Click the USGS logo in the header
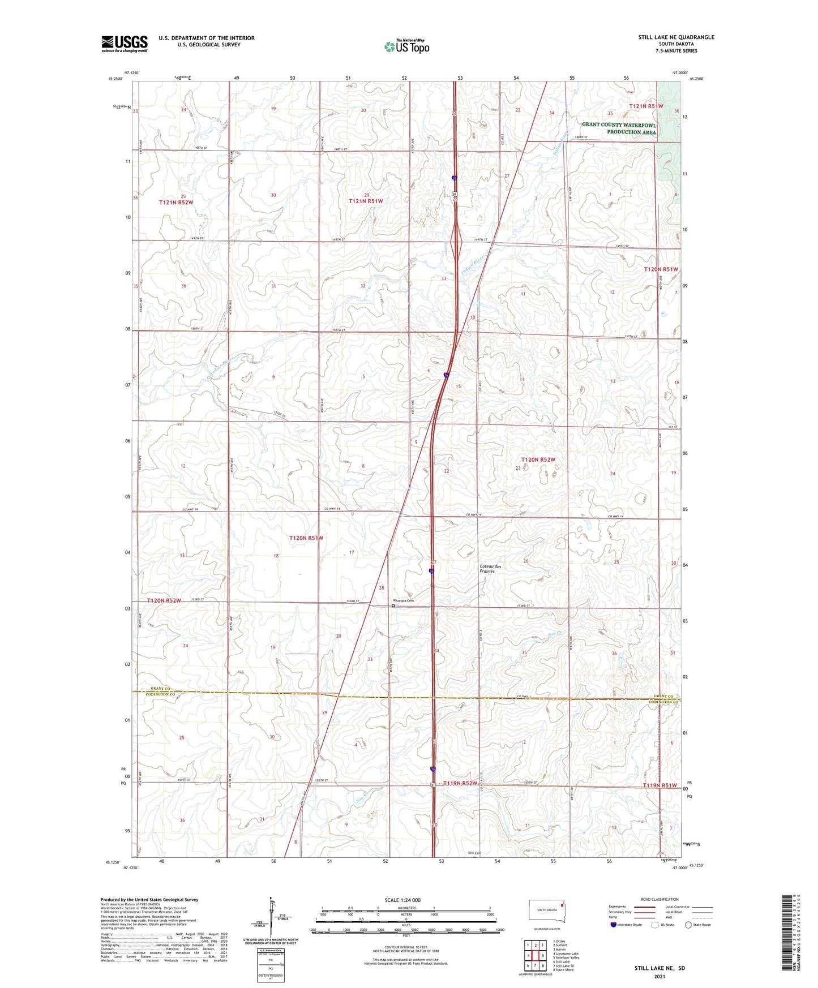tap(125, 44)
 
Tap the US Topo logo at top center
tap(406, 46)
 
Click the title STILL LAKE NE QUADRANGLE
tap(676, 37)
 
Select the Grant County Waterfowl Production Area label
tap(619, 128)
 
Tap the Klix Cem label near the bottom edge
tap(474, 853)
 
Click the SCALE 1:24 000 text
tap(402, 900)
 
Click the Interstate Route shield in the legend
tap(614, 925)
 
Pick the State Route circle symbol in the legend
tap(688, 925)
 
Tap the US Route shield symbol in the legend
tap(656, 925)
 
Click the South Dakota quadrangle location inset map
tap(546, 913)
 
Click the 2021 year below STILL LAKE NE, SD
tap(659, 977)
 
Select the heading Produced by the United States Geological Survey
tap(149, 899)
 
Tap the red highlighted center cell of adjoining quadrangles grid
tap(535, 956)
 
